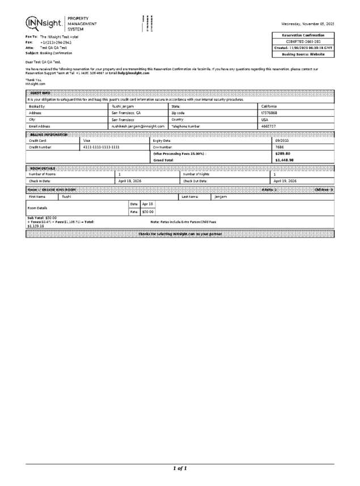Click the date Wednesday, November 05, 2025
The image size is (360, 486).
click(307, 24)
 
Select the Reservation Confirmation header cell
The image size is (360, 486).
click(303, 35)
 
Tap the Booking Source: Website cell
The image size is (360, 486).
click(303, 54)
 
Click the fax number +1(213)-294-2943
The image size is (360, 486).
click(56, 43)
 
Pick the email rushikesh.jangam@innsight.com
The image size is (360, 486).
click(138, 126)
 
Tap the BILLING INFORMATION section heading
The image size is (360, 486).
click(49, 134)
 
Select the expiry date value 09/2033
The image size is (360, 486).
click(282, 140)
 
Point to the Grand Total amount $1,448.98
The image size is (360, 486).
click(284, 160)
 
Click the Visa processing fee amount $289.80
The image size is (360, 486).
click(282, 154)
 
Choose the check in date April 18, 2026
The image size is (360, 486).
click(130, 181)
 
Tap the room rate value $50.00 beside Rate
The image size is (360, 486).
click(147, 212)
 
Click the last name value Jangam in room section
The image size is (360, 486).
click(221, 196)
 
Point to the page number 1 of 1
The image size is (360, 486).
click(180, 468)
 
